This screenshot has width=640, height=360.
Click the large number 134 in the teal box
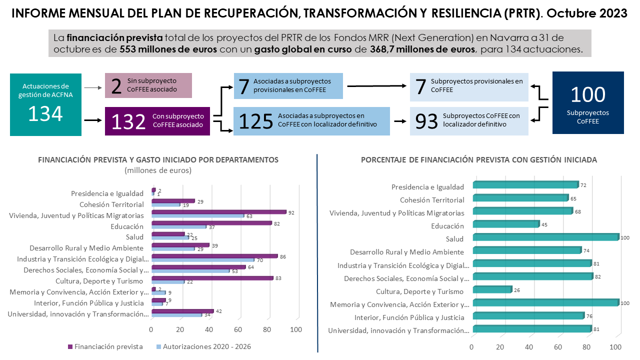(45, 113)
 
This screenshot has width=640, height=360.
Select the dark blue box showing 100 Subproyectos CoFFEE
(588, 102)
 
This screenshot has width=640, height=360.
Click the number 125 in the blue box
(256, 121)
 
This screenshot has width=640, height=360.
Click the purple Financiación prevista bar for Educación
(211, 223)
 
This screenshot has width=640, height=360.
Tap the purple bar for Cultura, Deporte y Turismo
(212, 278)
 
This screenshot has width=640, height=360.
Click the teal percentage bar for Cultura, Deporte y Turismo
(492, 289)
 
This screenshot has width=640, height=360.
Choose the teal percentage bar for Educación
(505, 224)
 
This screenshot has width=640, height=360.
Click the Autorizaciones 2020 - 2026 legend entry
(203, 346)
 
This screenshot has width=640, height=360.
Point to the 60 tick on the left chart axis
(238, 329)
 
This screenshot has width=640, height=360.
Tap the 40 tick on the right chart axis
(529, 347)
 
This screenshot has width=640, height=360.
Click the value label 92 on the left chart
(291, 212)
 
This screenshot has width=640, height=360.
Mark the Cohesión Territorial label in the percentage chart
(432, 200)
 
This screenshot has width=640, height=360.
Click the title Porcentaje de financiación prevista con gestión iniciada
(478, 160)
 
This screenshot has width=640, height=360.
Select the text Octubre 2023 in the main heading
(587, 13)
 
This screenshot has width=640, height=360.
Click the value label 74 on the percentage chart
(587, 250)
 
